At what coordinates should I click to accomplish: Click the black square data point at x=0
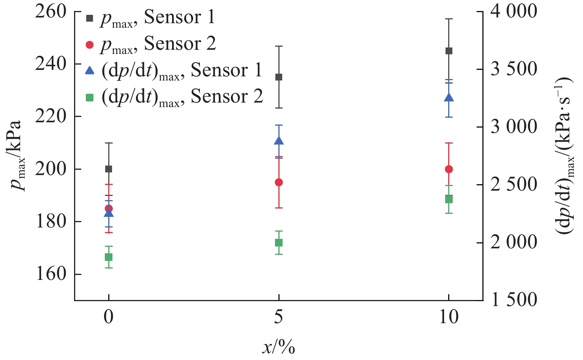[x=109, y=169]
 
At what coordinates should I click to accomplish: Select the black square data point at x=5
[x=279, y=77]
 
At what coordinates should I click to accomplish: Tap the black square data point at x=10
[x=449, y=51]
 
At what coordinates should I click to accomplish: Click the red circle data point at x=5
[x=279, y=183]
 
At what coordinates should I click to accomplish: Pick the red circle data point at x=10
[x=449, y=169]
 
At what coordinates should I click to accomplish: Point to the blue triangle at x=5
[x=279, y=141]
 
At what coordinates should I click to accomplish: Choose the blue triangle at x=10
[x=449, y=98]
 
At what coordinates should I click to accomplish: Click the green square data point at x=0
[x=109, y=257]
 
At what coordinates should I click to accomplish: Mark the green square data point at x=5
[x=279, y=243]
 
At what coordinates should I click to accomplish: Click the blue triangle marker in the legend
[x=90, y=71]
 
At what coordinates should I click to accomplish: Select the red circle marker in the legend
[x=90, y=45]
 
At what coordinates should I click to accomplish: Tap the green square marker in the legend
[x=90, y=98]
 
